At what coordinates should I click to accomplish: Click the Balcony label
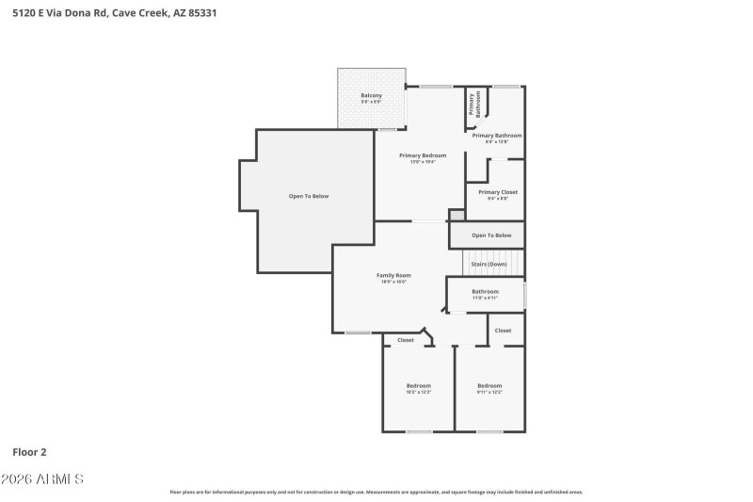click(371, 95)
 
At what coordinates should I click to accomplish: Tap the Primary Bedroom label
click(422, 155)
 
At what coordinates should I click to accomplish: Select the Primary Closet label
click(497, 192)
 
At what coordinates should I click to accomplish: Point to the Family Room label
click(393, 275)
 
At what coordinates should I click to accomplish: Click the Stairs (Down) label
click(489, 264)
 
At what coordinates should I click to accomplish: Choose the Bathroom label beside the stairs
click(485, 291)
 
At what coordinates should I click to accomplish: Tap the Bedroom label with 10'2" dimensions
click(418, 385)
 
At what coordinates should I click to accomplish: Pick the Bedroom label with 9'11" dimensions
click(489, 385)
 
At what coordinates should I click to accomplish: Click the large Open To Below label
click(309, 196)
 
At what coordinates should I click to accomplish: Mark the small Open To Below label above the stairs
click(491, 235)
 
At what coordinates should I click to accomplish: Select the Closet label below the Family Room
click(405, 340)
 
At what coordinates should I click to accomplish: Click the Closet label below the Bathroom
click(503, 331)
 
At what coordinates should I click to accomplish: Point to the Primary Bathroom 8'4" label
click(497, 136)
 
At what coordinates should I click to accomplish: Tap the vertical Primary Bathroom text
click(477, 103)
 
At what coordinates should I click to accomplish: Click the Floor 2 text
click(29, 452)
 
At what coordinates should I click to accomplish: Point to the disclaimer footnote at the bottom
click(376, 492)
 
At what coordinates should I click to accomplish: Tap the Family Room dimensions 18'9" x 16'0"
click(393, 282)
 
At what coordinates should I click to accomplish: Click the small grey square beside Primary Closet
click(457, 216)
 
